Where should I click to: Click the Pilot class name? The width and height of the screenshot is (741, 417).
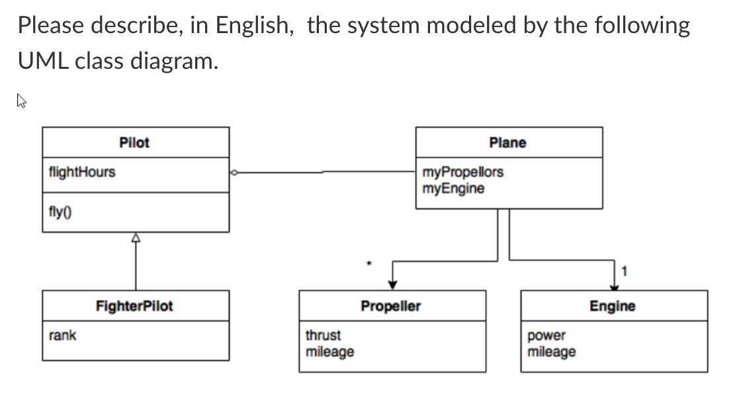click(x=134, y=142)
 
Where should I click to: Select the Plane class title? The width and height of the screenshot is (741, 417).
click(x=507, y=142)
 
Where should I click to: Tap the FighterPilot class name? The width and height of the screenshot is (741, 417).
click(x=134, y=306)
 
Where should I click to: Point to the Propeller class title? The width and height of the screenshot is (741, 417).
click(x=390, y=306)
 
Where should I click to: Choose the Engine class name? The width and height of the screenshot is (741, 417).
click(x=612, y=306)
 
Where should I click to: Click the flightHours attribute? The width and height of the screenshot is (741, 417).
click(x=82, y=172)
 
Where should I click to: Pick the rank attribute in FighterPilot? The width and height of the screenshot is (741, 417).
click(x=63, y=335)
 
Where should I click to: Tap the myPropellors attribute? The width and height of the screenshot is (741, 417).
click(x=462, y=172)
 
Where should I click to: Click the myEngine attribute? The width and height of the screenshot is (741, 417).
click(x=453, y=189)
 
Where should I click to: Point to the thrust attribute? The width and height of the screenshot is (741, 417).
click(x=323, y=335)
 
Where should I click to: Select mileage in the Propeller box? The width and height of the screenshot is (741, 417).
click(x=329, y=351)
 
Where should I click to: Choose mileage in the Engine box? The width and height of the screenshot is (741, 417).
click(x=551, y=351)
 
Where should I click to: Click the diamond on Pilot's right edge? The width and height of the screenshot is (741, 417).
click(x=234, y=173)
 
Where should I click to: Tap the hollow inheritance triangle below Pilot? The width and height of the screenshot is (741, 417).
click(x=136, y=238)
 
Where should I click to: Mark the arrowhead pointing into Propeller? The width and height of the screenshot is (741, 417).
click(x=392, y=285)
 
